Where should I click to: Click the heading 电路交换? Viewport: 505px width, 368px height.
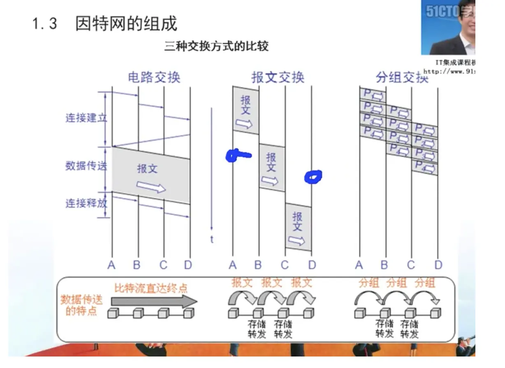coord(154,77)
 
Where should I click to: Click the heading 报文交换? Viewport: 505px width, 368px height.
coord(278,77)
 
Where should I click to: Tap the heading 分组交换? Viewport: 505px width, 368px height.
coord(402,77)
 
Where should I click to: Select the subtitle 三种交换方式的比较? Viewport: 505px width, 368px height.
coord(216,46)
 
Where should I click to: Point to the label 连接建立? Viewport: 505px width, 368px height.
coord(86,118)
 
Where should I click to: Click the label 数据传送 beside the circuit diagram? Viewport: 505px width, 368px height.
coord(86,166)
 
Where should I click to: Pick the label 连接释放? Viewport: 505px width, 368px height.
coord(86,203)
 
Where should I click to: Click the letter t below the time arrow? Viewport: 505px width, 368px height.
coord(212,239)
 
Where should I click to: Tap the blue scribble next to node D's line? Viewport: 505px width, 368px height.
coord(313,177)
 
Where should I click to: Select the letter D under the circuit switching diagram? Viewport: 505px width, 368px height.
coord(188,265)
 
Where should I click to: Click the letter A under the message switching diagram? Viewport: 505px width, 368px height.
coord(233,265)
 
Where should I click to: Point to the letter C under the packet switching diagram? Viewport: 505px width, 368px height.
coord(411,265)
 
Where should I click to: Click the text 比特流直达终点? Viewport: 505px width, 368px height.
coord(151,287)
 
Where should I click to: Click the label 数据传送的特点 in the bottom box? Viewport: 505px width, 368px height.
coord(81,305)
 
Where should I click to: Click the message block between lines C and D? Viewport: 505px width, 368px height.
coord(298,227)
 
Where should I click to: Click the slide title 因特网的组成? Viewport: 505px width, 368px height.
coord(126,24)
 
